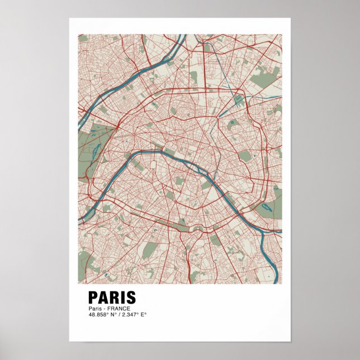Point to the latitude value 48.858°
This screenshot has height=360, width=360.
point(98,315)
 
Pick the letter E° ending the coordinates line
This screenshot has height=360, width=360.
point(143,315)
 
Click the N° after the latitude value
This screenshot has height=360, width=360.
point(112,315)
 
